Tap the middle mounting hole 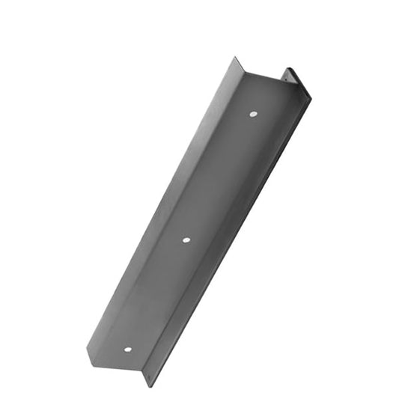point(186,240)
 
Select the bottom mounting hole point(127,350)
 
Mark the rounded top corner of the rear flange point(287,69)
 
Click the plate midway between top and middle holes point(219,177)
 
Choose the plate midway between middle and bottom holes point(157,295)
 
